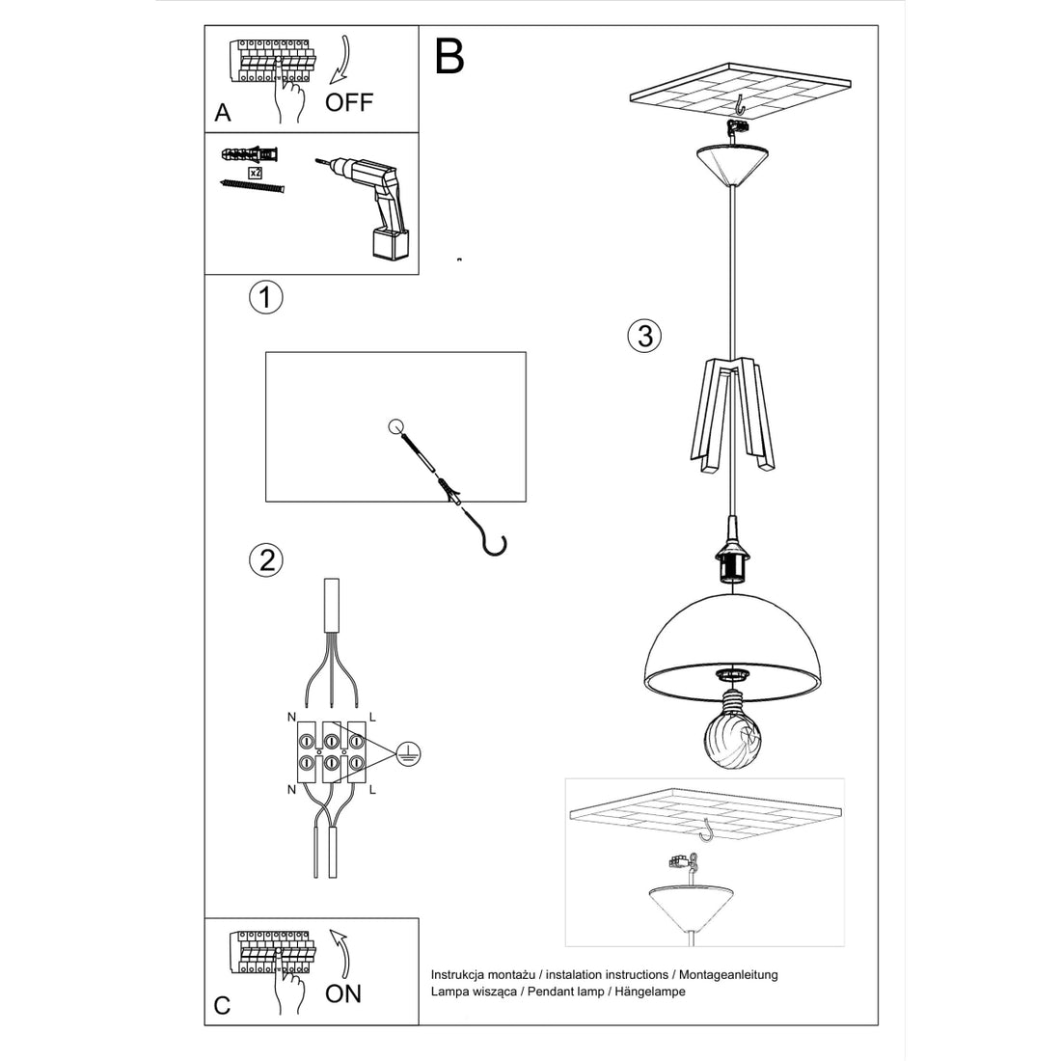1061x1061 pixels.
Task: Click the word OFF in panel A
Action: point(348,102)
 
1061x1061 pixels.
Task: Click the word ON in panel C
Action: point(343,993)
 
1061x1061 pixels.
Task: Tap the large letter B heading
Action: point(449,57)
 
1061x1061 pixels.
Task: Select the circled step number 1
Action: point(265,297)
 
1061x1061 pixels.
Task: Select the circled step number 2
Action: point(265,559)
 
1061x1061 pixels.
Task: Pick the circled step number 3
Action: point(644,336)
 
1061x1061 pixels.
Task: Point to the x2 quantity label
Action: point(256,172)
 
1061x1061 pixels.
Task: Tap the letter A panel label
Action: point(223,113)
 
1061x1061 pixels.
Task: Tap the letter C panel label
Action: point(223,1005)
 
